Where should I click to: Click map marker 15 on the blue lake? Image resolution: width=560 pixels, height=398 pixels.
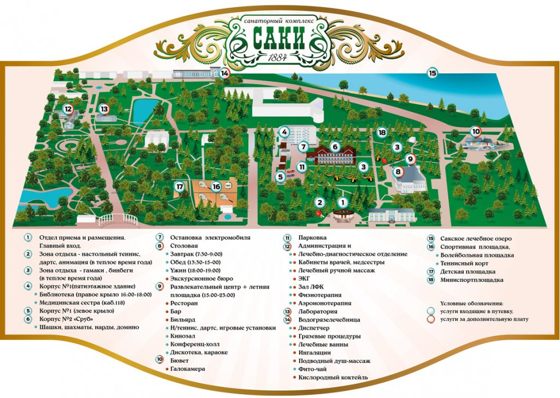[433, 73]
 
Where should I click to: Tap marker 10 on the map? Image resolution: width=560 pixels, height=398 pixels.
[476, 131]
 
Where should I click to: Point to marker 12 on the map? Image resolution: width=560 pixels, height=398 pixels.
[68, 109]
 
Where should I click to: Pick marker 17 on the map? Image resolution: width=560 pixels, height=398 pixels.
[179, 186]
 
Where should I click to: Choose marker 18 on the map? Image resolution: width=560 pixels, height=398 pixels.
[382, 132]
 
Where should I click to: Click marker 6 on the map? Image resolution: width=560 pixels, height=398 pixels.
[335, 147]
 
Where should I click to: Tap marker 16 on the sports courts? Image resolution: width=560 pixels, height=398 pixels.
[216, 186]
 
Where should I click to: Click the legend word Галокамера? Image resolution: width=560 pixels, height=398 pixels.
[188, 369]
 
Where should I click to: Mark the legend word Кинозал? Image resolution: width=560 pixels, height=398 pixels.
[185, 336]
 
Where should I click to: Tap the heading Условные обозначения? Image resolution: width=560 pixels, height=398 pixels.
[472, 303]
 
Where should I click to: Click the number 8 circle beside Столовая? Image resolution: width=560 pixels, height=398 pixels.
[160, 246]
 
